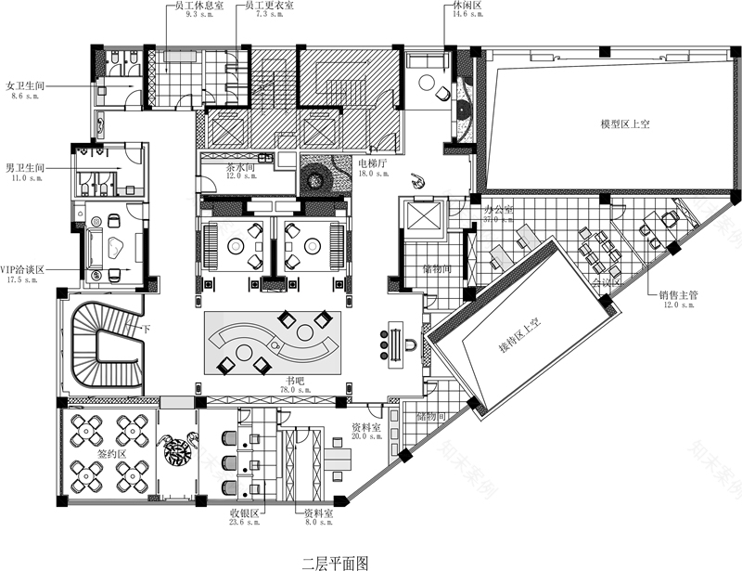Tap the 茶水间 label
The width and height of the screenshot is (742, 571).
[x=240, y=167]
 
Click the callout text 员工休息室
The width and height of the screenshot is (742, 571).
[x=192, y=6]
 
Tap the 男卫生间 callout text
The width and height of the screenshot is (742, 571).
[x=25, y=168]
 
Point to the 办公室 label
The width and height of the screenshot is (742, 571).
[x=498, y=210]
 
